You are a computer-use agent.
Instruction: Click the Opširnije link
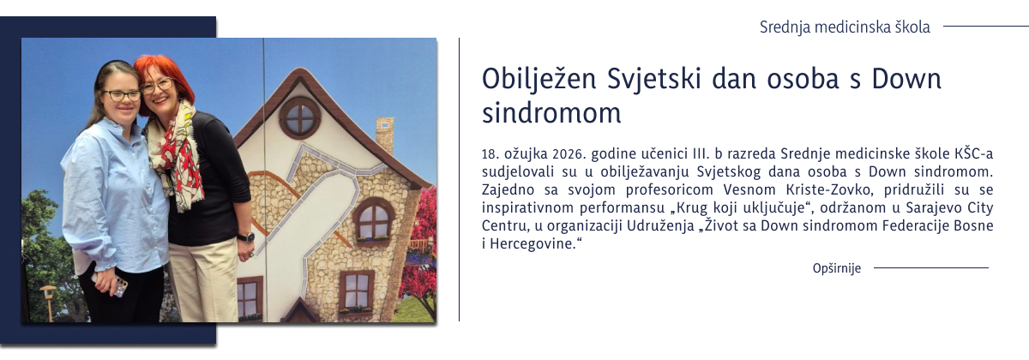[836, 269]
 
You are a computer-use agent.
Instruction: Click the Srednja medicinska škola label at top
[844, 27]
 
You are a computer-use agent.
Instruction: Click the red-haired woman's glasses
[157, 86]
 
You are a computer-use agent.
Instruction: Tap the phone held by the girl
[120, 285]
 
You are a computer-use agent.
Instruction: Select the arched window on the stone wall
[374, 220]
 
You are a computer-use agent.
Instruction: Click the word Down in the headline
[906, 80]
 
